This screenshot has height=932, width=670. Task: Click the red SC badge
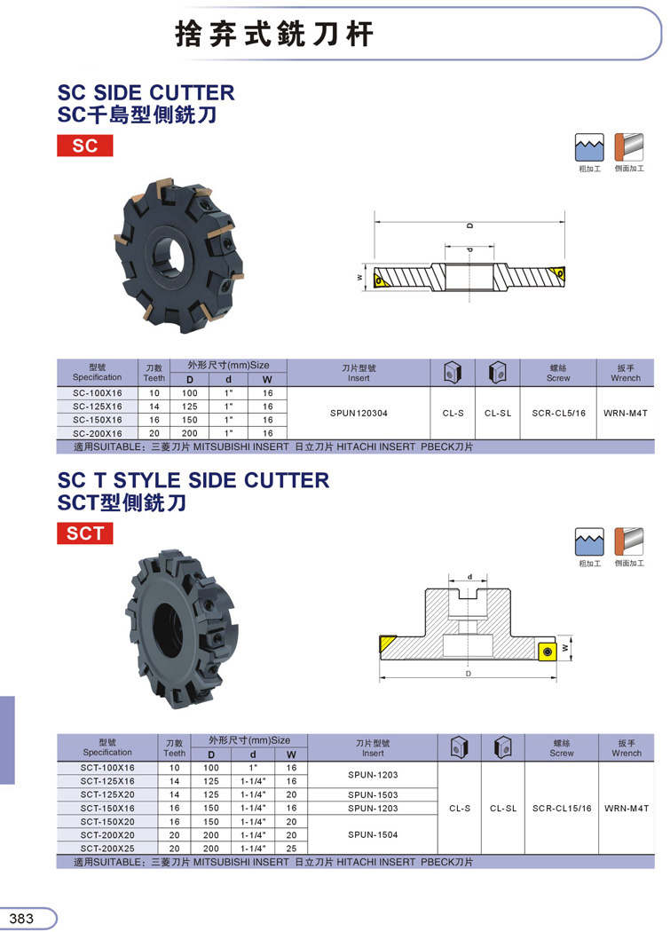[85, 146]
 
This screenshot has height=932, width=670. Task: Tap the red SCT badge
[85, 533]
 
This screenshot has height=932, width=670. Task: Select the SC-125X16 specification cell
[98, 407]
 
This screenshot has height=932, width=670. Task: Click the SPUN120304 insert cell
[359, 413]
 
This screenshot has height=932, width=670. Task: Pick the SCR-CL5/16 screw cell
[558, 413]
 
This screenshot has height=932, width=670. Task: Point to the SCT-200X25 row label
[107, 849]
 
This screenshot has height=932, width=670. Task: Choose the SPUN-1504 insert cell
[373, 834]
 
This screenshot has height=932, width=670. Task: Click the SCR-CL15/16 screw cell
[562, 809]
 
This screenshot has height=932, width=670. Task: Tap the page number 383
[21, 919]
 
